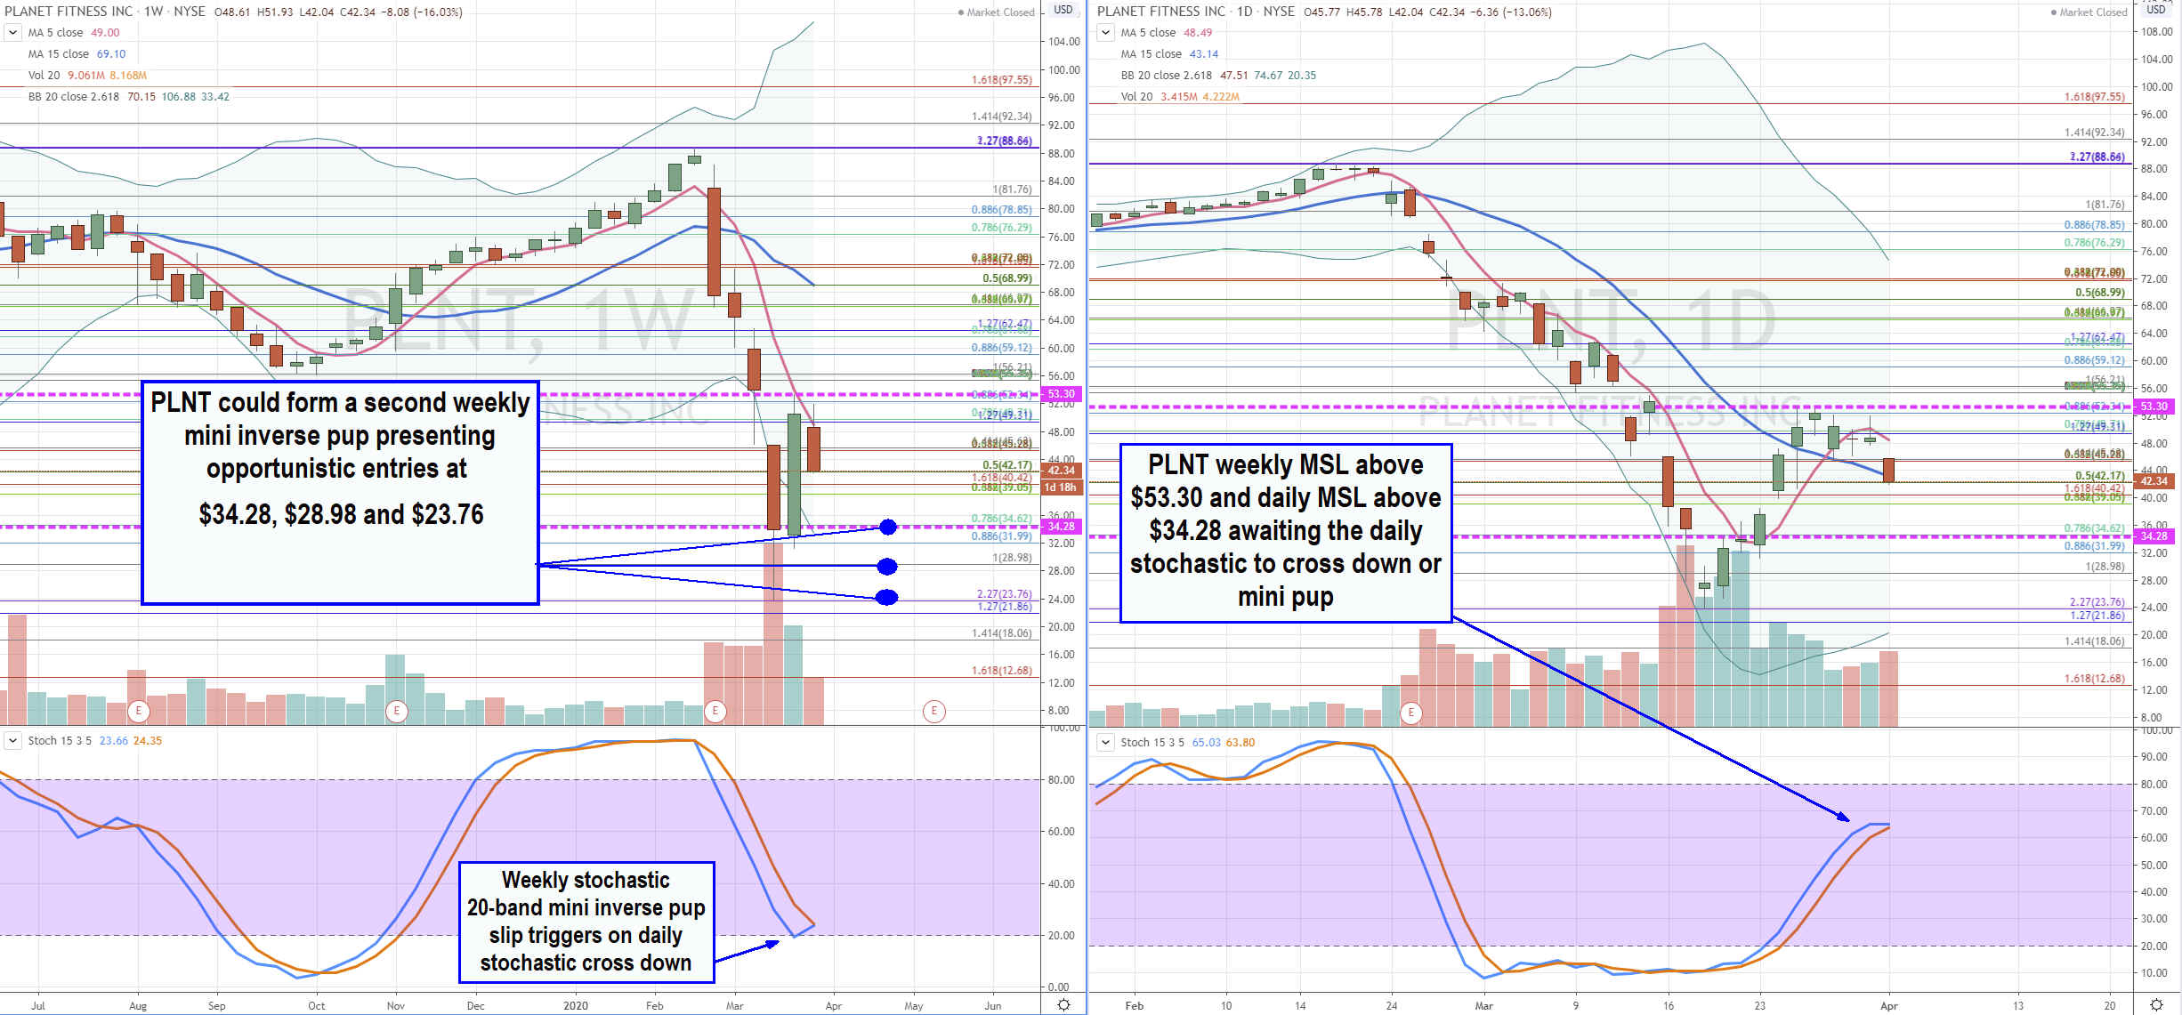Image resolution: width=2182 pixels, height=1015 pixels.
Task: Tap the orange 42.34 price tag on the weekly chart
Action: pyautogui.click(x=1060, y=471)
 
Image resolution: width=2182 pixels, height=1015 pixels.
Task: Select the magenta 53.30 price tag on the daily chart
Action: pyautogui.click(x=2154, y=407)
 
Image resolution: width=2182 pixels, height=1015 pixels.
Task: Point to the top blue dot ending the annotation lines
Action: pyautogui.click(x=887, y=528)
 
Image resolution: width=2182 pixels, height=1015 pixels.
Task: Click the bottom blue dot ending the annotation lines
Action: pyautogui.click(x=886, y=597)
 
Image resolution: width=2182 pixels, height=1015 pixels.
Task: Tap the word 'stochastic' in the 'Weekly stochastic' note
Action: pyautogui.click(x=625, y=880)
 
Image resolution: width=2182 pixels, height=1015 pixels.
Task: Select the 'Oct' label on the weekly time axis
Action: pyautogui.click(x=317, y=1006)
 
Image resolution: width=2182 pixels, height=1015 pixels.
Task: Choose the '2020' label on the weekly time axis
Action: pyautogui.click(x=576, y=1006)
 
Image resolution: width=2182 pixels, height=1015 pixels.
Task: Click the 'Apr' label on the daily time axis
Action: pyautogui.click(x=1888, y=1006)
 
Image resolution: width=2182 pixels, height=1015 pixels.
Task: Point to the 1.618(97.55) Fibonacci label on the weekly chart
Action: pyautogui.click(x=1001, y=80)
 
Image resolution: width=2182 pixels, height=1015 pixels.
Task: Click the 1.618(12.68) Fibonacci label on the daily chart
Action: pyautogui.click(x=2094, y=679)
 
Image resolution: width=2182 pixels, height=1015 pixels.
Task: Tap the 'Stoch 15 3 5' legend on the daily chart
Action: pyautogui.click(x=1152, y=742)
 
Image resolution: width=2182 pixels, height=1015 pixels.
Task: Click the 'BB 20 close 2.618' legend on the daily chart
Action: pyautogui.click(x=1166, y=76)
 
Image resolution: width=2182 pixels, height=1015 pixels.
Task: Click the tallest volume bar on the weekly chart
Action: pyautogui.click(x=773, y=632)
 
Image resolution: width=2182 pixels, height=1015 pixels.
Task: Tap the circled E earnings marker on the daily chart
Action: pyautogui.click(x=1410, y=713)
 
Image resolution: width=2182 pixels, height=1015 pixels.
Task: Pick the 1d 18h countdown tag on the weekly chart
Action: pyautogui.click(x=1060, y=487)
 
